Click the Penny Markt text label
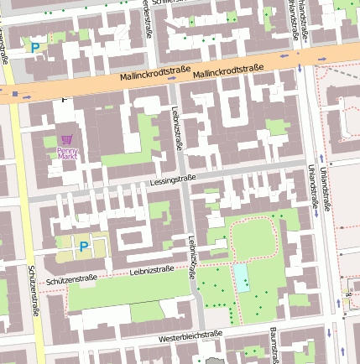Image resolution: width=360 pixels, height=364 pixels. pyautogui.click(x=67, y=153)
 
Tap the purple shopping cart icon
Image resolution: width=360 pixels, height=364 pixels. pyautogui.click(x=67, y=139)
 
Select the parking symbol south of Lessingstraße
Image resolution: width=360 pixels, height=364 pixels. pyautogui.click(x=83, y=247)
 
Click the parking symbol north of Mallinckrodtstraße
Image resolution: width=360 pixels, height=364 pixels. pyautogui.click(x=34, y=49)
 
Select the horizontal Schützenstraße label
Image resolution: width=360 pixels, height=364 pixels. pyautogui.click(x=72, y=278)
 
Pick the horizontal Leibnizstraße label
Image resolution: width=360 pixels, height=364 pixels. pyautogui.click(x=152, y=270)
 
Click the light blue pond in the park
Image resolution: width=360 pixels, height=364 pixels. pyautogui.click(x=242, y=277)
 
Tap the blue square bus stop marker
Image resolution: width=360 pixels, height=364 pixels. pyautogui.click(x=14, y=94)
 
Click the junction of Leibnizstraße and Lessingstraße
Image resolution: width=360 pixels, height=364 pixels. pyautogui.click(x=185, y=177)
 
